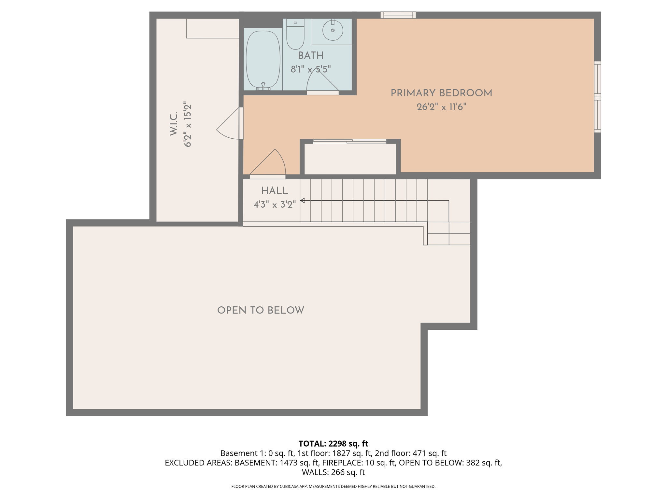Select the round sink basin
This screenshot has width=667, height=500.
pos(333,30)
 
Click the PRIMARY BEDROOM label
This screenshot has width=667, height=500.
pos(441,93)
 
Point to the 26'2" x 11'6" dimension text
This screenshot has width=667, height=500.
pos(441,107)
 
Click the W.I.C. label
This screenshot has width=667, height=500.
pos(173,124)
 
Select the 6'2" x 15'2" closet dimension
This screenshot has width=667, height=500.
pos(188,124)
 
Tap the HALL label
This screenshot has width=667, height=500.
pos(275,191)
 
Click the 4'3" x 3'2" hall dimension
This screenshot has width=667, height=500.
pos(275,204)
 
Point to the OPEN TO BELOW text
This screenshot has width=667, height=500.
pos(261,310)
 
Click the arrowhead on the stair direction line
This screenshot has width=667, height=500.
pos(303,201)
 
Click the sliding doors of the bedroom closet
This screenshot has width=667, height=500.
pos(349,141)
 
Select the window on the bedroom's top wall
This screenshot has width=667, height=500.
pos(398,15)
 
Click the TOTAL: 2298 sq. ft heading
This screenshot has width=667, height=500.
pos(333,444)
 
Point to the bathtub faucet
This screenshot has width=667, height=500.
pos(263,86)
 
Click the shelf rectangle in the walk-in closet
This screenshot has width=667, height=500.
pos(213,28)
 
